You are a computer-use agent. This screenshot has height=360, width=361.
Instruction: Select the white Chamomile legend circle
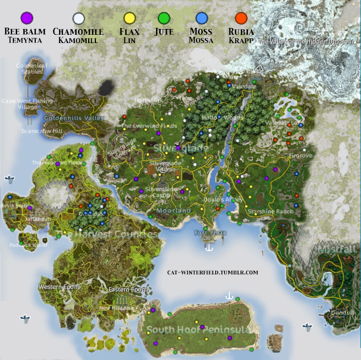click(78, 19)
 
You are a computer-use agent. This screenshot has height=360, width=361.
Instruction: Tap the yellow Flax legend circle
click(129, 19)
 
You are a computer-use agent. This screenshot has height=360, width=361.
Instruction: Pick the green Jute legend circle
click(164, 19)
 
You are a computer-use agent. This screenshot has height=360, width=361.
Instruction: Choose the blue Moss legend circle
click(201, 19)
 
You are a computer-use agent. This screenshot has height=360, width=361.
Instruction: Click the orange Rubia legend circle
click(241, 19)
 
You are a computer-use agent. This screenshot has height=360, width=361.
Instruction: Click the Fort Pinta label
click(210, 233)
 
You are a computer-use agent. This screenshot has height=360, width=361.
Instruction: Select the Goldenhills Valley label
click(74, 118)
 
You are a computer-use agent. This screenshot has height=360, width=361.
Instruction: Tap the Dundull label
click(342, 313)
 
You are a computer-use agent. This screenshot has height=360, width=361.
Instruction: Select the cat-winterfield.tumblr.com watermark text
click(213, 272)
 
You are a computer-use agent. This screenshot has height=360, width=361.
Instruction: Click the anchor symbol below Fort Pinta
click(209, 248)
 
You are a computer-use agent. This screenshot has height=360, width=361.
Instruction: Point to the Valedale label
click(245, 87)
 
